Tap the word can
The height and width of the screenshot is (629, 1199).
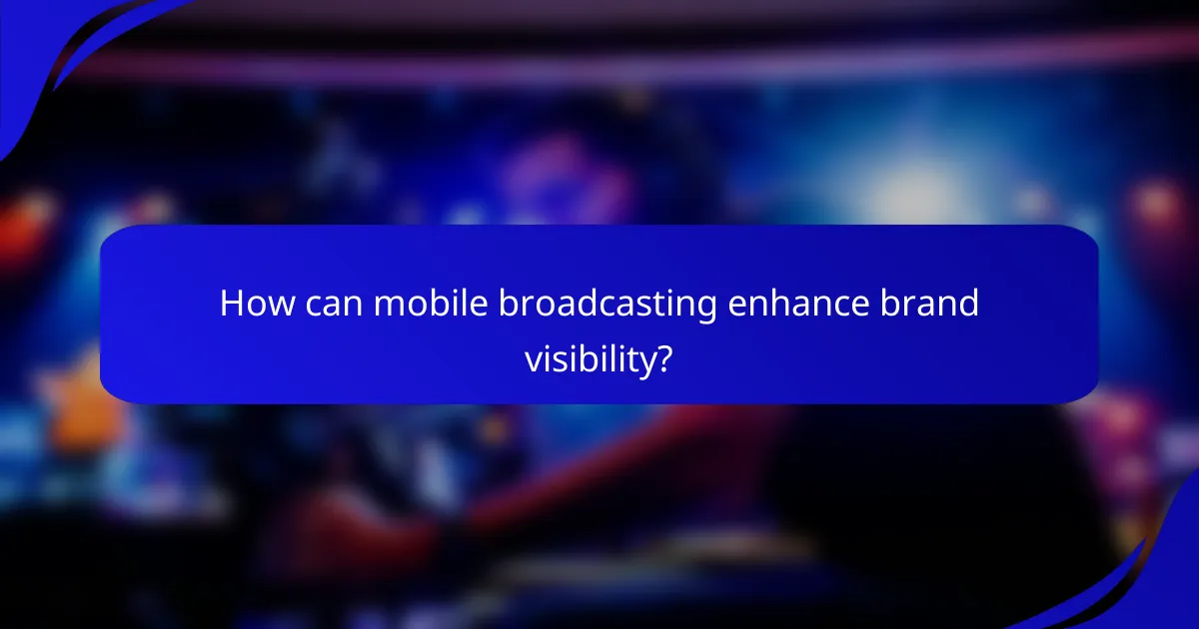tap(331, 304)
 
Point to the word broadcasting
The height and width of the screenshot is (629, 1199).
tap(608, 304)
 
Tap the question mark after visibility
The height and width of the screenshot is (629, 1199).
tap(663, 356)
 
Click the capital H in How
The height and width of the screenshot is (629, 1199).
tap(231, 304)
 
